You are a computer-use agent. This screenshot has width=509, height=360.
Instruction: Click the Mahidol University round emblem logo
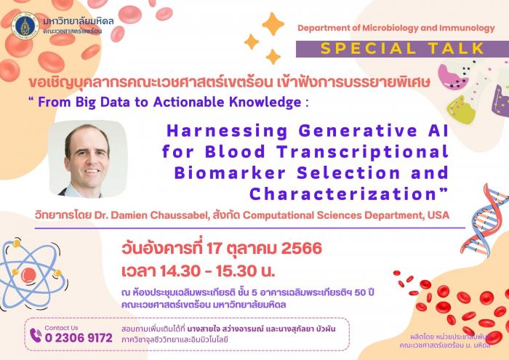[25, 26]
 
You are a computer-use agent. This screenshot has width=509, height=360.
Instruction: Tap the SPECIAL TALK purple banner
[402, 49]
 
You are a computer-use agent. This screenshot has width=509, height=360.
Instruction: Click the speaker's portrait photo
[88, 159]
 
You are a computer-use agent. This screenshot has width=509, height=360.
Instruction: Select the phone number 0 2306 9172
[79, 338]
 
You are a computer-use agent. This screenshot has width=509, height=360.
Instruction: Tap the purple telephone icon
[36, 335]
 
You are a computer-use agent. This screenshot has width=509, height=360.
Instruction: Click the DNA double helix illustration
[484, 221]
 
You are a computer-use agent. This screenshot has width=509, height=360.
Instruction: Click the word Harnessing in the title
[227, 131]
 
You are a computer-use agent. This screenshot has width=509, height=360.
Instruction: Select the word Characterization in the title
[343, 194]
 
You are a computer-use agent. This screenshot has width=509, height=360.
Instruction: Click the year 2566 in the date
[302, 249]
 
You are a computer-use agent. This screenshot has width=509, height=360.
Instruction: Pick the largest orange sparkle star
[273, 24]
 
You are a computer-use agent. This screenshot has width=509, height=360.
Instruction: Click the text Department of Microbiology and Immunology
[396, 28]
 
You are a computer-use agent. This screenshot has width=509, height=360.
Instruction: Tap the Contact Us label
[61, 328]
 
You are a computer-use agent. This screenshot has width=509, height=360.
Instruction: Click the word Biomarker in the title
[230, 173]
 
